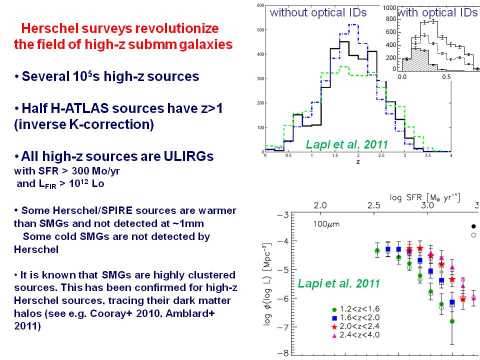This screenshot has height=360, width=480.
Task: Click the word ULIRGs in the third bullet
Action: (185, 156)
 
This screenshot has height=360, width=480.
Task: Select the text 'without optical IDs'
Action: (318, 13)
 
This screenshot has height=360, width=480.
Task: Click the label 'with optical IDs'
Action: (437, 13)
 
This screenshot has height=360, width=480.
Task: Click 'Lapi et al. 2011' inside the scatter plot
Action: (338, 283)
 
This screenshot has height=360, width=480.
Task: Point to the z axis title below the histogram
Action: (358, 161)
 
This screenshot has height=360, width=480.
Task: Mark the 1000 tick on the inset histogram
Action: (390, 8)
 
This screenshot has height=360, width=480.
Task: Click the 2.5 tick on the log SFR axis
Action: (373, 205)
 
